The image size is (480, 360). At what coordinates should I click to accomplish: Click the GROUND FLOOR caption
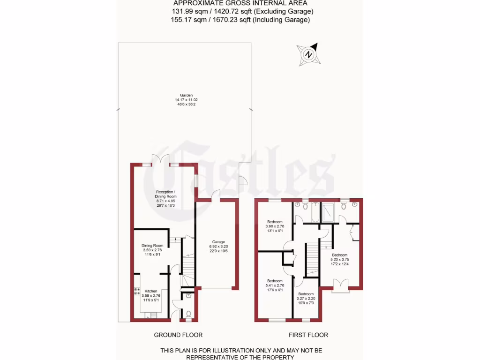click(178, 335)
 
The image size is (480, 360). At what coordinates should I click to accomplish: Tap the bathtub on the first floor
click(315, 212)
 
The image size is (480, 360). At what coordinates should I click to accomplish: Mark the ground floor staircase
click(187, 267)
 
